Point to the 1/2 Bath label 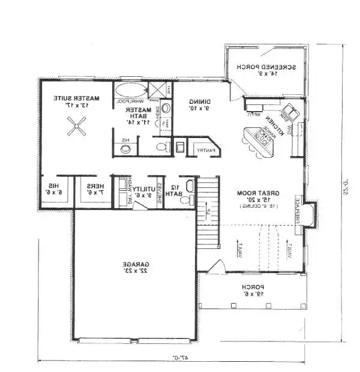click(175, 191)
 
